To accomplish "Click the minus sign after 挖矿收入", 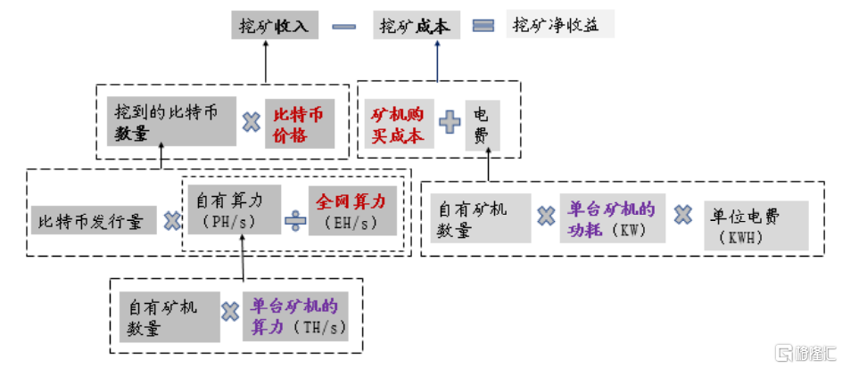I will click(x=344, y=27).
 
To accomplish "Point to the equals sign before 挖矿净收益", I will click(x=483, y=27).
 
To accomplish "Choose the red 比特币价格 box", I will click(x=300, y=124).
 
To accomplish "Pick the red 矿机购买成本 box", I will click(x=400, y=124).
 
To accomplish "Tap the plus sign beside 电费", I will click(x=450, y=122).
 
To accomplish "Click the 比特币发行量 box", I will click(x=94, y=219).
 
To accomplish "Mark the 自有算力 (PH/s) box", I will click(x=234, y=210).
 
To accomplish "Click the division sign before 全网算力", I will click(x=294, y=220).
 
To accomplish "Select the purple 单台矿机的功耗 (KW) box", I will click(x=613, y=219).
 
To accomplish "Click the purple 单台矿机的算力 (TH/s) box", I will click(x=294, y=315).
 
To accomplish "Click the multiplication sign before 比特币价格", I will click(x=252, y=123).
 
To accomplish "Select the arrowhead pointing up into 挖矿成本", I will click(x=437, y=45).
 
